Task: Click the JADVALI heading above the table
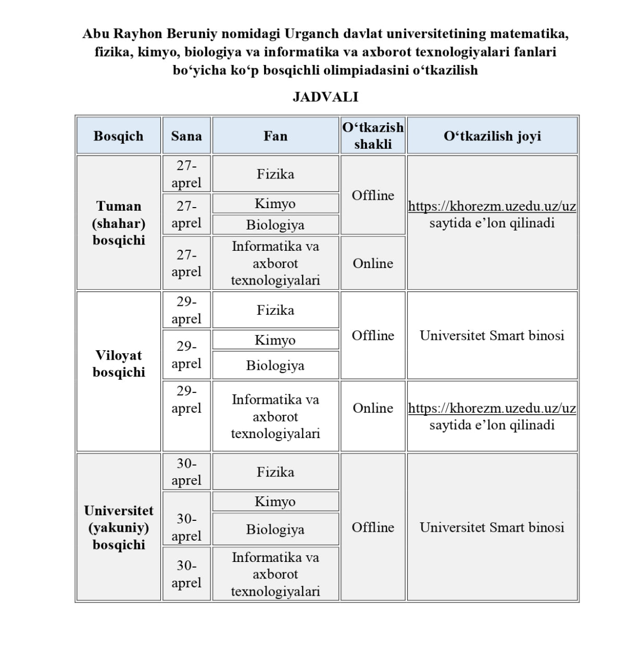[325, 97]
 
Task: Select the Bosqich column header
[118, 136]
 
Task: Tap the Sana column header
[186, 136]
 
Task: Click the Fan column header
[275, 136]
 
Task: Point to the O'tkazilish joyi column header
[492, 136]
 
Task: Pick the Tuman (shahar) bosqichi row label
[118, 223]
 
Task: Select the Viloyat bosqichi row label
[118, 364]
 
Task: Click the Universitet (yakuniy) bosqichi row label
[118, 527]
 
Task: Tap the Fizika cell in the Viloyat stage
[275, 310]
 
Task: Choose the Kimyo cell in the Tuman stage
[275, 203]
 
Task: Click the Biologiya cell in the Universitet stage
[275, 529]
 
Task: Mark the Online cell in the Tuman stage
[373, 263]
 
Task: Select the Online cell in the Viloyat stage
[373, 408]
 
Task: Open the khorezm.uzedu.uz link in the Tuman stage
[492, 206]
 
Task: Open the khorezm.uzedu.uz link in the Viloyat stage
[492, 408]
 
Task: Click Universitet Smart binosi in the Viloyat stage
[492, 336]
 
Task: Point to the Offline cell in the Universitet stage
[373, 527]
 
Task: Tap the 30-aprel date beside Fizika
[186, 472]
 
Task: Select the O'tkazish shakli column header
[373, 136]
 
